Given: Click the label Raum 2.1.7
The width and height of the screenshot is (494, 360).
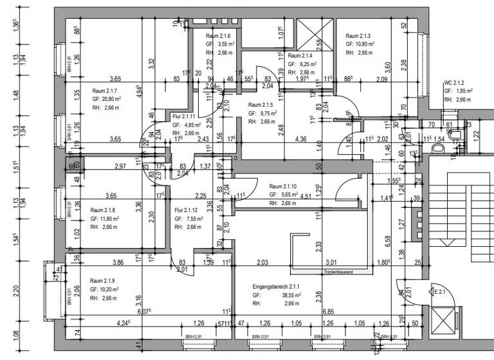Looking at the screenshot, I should (x=105, y=91).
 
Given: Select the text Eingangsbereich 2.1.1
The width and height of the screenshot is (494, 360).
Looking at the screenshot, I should (x=277, y=287).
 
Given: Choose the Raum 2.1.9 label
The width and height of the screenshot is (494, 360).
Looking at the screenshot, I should (x=102, y=281).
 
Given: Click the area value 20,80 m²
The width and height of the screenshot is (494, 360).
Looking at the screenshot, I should (x=105, y=100).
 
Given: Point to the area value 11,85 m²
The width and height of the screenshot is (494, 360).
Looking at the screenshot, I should (x=104, y=219).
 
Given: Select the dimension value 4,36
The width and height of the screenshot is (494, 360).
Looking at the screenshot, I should (x=300, y=138).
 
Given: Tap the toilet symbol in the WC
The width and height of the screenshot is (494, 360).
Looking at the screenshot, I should (x=439, y=147).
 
